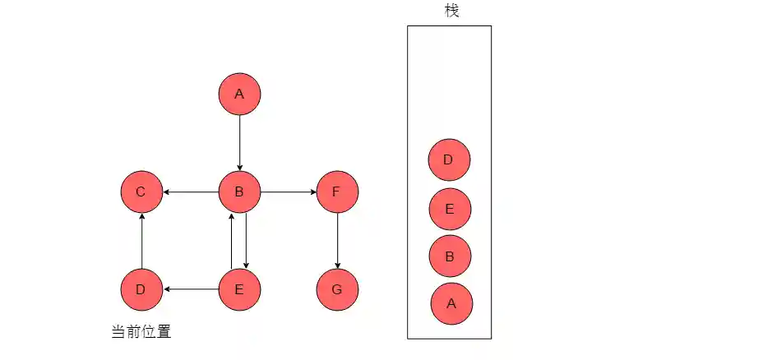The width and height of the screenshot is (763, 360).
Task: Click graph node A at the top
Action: click(x=239, y=95)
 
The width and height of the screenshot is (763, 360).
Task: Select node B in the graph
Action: click(x=239, y=192)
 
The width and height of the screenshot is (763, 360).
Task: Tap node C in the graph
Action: click(x=141, y=192)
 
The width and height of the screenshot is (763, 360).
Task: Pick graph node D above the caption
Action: click(x=141, y=289)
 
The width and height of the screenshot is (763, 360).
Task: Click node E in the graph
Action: click(x=239, y=289)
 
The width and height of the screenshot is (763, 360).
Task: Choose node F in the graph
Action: click(x=337, y=192)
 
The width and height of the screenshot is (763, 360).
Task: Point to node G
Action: click(x=337, y=289)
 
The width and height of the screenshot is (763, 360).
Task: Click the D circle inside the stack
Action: click(x=449, y=159)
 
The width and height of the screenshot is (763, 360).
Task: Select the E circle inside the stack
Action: click(x=450, y=209)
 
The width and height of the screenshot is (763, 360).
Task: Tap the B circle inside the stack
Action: click(x=450, y=256)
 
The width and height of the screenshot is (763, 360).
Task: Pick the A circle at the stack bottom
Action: click(x=451, y=303)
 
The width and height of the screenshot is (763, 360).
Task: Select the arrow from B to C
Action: click(x=191, y=192)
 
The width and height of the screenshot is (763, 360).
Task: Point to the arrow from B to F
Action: click(x=288, y=192)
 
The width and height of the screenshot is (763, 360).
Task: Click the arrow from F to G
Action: click(x=337, y=241)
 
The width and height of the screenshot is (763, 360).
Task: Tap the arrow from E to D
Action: click(x=191, y=289)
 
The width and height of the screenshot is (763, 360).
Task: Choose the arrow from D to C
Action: click(x=141, y=241)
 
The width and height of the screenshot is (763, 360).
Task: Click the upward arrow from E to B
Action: click(x=232, y=241)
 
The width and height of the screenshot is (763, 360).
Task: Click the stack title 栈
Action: click(x=451, y=11)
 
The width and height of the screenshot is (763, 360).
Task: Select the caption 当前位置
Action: click(x=141, y=332)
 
